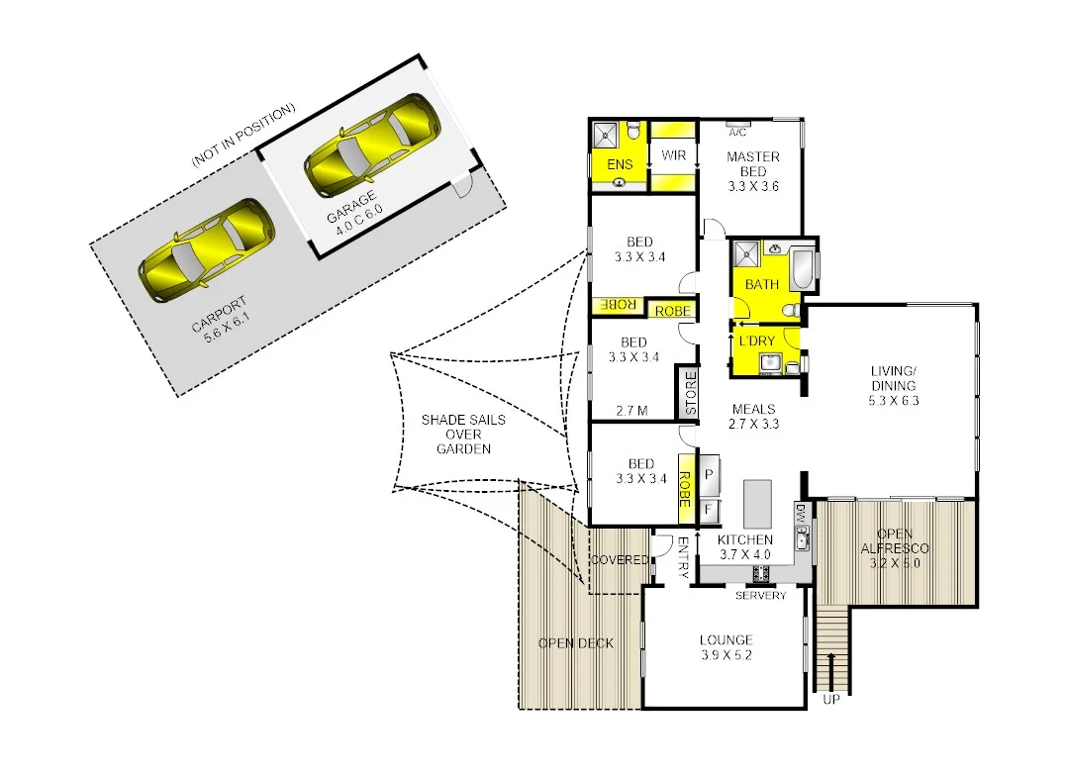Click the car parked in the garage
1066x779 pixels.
[369, 145]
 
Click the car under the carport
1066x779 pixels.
[205, 251]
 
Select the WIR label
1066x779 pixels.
[674, 155]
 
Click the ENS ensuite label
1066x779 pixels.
[620, 165]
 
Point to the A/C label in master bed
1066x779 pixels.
[736, 132]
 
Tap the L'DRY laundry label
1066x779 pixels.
[757, 341]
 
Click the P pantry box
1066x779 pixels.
[709, 474]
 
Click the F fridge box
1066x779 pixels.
[709, 510]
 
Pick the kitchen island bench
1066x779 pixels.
[757, 504]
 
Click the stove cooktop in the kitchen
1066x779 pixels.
[761, 573]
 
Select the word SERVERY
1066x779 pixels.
[761, 595]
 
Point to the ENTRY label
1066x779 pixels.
[683, 558]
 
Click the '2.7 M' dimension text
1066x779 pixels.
[631, 409]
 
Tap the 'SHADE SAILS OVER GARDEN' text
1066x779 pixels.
[463, 434]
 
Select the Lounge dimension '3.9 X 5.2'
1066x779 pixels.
[726, 655]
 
